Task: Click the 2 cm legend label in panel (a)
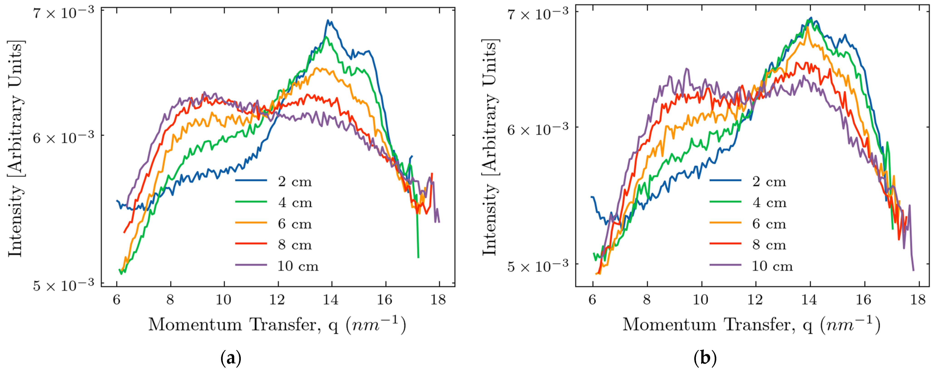pyautogui.click(x=295, y=181)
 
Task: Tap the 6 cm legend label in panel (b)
pyautogui.click(x=769, y=224)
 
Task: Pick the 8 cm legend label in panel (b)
pyautogui.click(x=769, y=245)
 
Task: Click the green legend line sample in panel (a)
pyautogui.click(x=251, y=202)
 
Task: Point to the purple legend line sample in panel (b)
pyautogui.click(x=725, y=265)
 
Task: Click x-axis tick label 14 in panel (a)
pyautogui.click(x=331, y=300)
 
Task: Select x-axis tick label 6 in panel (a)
pyautogui.click(x=117, y=300)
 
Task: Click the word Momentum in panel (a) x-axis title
pyautogui.click(x=195, y=324)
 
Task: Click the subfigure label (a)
pyautogui.click(x=231, y=359)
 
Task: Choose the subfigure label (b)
pyautogui.click(x=705, y=359)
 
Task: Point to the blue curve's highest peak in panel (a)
pyautogui.click(x=328, y=21)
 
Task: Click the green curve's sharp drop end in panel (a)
pyautogui.click(x=418, y=257)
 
